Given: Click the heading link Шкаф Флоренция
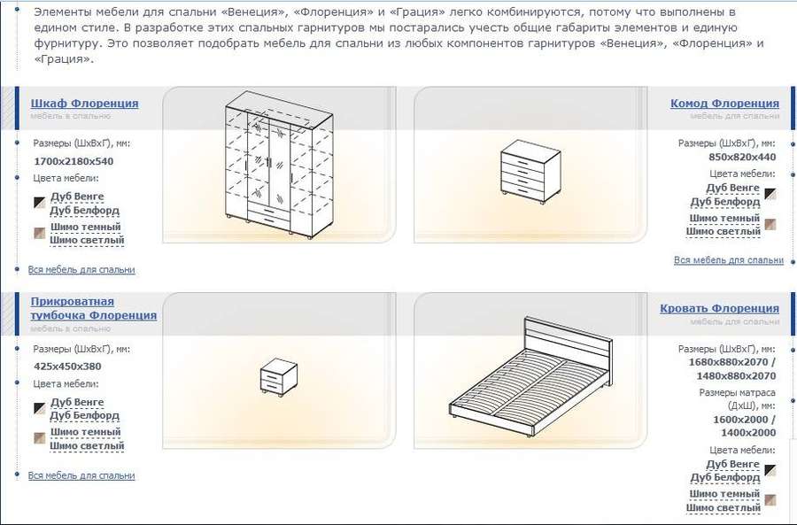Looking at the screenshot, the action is click(x=84, y=104).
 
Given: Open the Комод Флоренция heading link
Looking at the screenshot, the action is click(x=724, y=104).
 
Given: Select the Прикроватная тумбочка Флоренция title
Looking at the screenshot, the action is click(x=94, y=308).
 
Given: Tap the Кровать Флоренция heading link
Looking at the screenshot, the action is click(x=719, y=308).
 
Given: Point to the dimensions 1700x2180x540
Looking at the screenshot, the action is click(x=74, y=162).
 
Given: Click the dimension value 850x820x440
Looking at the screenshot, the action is click(x=742, y=157).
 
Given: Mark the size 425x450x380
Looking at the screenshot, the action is click(x=67, y=367).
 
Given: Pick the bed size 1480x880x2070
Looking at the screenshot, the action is click(x=736, y=376).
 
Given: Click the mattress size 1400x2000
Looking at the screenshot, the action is click(x=748, y=433).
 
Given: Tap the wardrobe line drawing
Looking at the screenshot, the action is click(x=279, y=165).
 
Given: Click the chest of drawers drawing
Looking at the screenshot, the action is click(x=530, y=172).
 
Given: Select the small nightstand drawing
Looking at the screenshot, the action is click(x=279, y=376).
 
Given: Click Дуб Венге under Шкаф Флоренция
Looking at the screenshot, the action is click(x=77, y=197).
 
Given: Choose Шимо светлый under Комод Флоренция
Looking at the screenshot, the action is click(x=723, y=232).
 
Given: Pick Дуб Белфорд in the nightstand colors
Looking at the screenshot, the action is click(x=84, y=416).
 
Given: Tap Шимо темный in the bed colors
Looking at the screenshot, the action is click(x=724, y=494).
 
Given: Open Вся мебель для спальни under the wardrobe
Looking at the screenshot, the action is click(x=81, y=270).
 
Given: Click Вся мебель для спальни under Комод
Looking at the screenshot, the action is click(x=729, y=260).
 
